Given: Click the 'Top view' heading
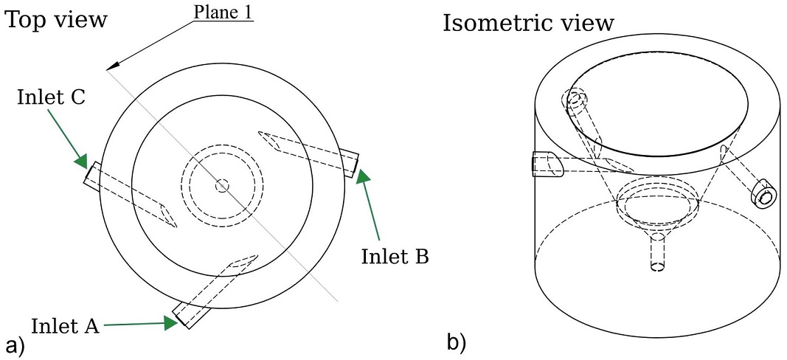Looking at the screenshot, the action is pos(56,20).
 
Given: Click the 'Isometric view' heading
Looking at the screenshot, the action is pos(528,23).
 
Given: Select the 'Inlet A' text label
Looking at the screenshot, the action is pos(65,326).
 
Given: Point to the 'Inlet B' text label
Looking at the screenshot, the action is pos(395,256).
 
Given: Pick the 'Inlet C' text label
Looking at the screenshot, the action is pos(51,97).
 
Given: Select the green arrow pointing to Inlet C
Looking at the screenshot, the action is pos(68,139).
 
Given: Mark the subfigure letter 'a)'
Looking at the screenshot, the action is pos(15,345).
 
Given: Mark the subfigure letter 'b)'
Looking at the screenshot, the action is pos(457,342).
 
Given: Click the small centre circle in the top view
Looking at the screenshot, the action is pos(222,186).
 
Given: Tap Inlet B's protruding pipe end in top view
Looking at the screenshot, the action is pos(349,162).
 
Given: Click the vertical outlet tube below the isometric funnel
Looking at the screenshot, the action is pos(657,252).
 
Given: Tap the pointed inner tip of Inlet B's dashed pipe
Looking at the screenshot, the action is pos(259,133).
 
